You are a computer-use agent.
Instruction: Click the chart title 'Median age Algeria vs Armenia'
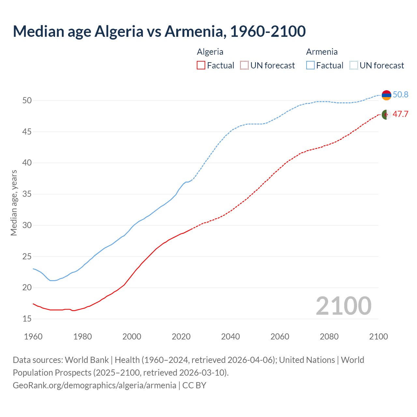[x=159, y=31]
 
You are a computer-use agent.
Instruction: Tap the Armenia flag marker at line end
[x=386, y=95]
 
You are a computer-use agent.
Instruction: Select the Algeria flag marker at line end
[x=386, y=115]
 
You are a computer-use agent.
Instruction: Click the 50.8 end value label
[x=400, y=94]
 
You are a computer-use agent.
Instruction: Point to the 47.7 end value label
[x=400, y=114]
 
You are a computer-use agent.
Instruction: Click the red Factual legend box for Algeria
[x=201, y=65]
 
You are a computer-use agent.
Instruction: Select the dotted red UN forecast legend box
[x=244, y=65]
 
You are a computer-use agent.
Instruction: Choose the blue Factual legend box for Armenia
[x=310, y=65]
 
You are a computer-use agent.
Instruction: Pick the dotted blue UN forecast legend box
[x=354, y=65]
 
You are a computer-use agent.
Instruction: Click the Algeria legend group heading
[x=210, y=52]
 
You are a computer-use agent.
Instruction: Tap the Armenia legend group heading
[x=322, y=52]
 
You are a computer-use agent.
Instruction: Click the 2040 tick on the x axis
[x=230, y=337]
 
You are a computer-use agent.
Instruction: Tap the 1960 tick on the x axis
[x=33, y=337]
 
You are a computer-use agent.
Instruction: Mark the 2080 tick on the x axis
[x=329, y=337]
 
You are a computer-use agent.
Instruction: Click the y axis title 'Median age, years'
[x=14, y=203]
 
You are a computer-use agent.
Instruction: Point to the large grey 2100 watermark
[x=343, y=306]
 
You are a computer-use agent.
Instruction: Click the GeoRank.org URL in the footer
[x=94, y=385]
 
